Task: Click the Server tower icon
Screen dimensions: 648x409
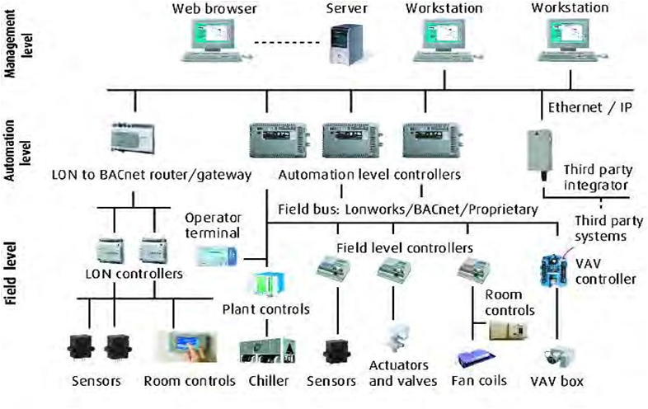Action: [346, 45]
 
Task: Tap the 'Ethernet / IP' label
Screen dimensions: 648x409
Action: [589, 108]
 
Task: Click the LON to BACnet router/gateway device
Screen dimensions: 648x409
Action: [133, 139]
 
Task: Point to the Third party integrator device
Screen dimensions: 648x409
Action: [539, 154]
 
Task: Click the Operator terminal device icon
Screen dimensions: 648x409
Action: [217, 256]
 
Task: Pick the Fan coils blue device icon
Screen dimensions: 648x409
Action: [477, 360]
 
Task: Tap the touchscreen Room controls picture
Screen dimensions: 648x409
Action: [187, 346]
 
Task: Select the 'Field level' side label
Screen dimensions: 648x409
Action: [11, 274]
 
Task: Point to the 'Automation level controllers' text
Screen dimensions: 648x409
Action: [369, 175]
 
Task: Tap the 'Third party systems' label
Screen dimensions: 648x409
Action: [608, 228]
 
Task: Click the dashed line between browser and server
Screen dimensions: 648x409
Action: [287, 43]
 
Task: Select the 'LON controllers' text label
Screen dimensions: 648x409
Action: [134, 274]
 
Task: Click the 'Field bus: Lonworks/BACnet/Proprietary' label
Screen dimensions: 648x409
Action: [408, 209]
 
